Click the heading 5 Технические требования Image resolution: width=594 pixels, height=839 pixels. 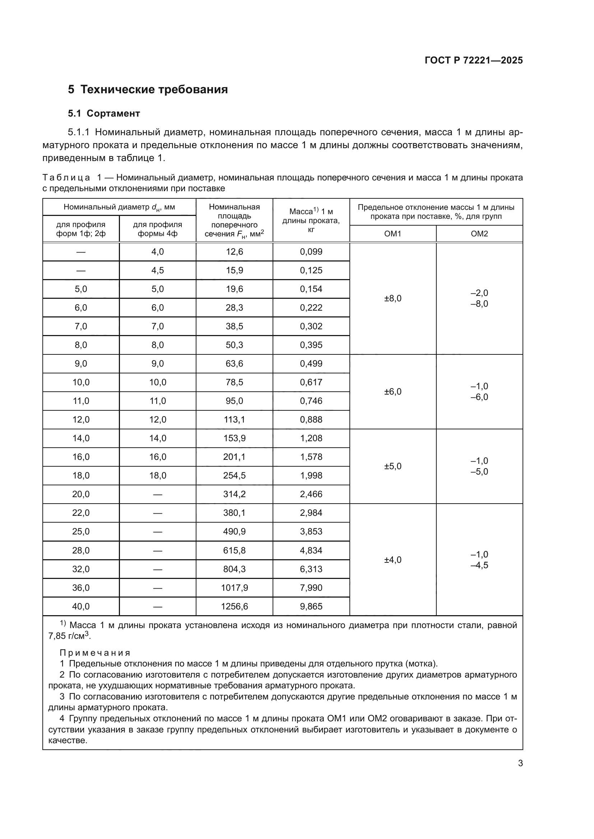(x=148, y=90)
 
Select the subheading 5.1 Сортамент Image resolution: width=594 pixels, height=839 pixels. (x=104, y=114)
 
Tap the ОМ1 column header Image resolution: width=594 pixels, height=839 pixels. (x=393, y=234)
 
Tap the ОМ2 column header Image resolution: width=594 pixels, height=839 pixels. (x=479, y=234)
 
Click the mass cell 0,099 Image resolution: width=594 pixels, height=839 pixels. (x=311, y=252)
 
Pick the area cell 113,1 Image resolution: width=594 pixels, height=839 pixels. (x=234, y=420)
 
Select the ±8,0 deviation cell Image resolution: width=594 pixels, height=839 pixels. (x=393, y=298)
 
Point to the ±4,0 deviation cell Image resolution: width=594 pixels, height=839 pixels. (x=393, y=560)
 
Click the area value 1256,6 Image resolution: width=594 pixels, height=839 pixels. (x=234, y=607)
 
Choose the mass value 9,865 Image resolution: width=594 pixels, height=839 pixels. (x=311, y=607)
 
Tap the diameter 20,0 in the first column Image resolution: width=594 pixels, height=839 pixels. (x=81, y=494)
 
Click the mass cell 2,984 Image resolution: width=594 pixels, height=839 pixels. (x=311, y=513)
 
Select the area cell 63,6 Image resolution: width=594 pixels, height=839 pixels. (x=234, y=364)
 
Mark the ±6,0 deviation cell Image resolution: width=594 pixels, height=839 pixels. (x=393, y=392)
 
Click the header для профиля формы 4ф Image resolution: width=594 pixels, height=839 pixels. (x=157, y=229)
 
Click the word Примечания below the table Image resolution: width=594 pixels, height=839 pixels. (x=95, y=653)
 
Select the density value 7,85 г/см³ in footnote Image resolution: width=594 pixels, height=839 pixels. (x=69, y=636)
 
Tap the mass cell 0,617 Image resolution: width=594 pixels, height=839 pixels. (x=311, y=383)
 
